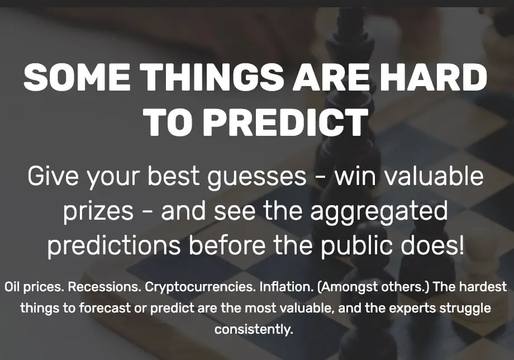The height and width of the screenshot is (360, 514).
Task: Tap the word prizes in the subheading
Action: [x=98, y=211]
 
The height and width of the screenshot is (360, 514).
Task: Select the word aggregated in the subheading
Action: [x=379, y=211]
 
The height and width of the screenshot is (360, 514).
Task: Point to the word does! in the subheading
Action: [x=432, y=245]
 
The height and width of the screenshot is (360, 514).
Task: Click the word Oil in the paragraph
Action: [x=12, y=287]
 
